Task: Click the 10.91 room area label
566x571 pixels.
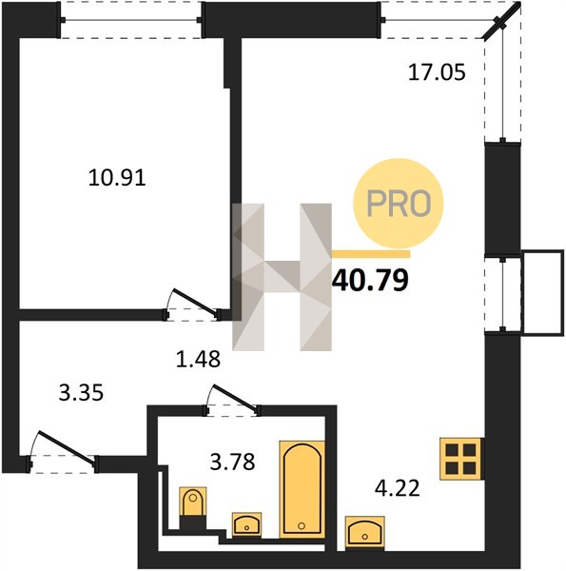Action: tap(117, 178)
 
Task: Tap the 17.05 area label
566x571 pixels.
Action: tap(437, 71)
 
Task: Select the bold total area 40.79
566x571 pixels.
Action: tap(370, 281)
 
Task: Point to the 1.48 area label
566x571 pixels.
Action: tap(198, 359)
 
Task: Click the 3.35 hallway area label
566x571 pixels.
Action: tap(81, 393)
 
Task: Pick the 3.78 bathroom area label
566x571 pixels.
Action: tap(233, 462)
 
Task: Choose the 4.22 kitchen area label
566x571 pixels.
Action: tap(397, 488)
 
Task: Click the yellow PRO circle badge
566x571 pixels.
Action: tap(399, 204)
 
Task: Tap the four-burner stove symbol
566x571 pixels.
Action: tap(460, 459)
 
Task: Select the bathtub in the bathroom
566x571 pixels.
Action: tap(302, 489)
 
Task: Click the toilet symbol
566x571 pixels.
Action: tap(192, 508)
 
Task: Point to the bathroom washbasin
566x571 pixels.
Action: tap(246, 524)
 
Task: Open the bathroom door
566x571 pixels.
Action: tap(232, 400)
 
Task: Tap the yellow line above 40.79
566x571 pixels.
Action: tap(371, 254)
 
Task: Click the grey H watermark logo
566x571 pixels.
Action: tap(283, 277)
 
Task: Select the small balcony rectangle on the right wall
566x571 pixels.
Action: tap(542, 292)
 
